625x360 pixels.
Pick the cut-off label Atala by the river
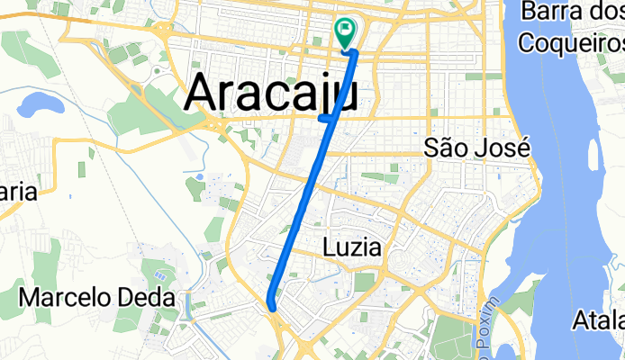point(598,319)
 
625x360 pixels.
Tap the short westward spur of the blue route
point(324,117)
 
